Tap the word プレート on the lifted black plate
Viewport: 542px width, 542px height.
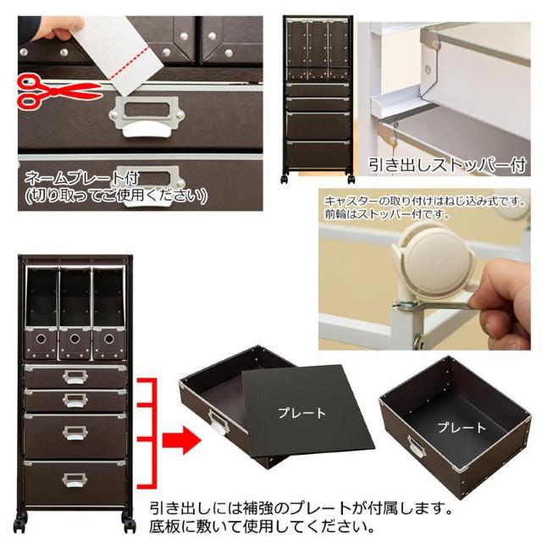301,413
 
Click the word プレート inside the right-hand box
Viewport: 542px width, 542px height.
462,428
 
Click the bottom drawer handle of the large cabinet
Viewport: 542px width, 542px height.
74,481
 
